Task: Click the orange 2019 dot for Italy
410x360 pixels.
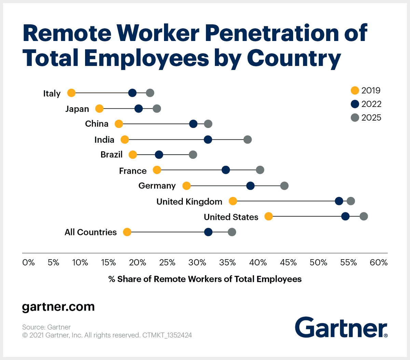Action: point(71,93)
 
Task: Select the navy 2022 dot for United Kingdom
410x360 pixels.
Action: point(339,201)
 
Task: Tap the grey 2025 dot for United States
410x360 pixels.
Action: point(364,216)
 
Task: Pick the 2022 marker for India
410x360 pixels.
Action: point(208,139)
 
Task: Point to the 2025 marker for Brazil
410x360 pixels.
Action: point(193,155)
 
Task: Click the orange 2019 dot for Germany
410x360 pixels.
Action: point(187,186)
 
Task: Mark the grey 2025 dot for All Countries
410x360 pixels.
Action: point(232,232)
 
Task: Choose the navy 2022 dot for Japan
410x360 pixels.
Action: point(138,109)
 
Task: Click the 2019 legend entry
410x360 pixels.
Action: point(366,91)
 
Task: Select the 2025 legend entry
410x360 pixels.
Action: point(366,118)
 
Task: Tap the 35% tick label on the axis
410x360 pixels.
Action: point(228,263)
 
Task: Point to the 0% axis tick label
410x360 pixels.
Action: point(28,263)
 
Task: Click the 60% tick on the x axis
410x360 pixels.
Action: point(379,263)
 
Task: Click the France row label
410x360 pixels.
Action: point(133,171)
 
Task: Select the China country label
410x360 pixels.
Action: point(97,124)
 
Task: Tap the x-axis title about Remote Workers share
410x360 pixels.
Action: point(205,279)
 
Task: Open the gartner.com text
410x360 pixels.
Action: point(58,307)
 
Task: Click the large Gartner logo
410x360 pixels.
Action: point(341,327)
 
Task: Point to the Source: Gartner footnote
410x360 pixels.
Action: point(46,327)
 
